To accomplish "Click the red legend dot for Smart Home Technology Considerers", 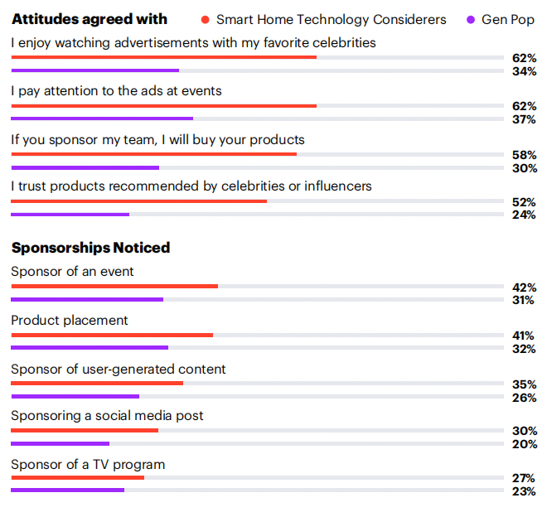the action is click(x=206, y=20).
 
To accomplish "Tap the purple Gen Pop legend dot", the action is click(x=471, y=20).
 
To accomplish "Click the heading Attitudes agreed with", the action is click(x=90, y=19).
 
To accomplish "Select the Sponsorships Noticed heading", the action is click(x=91, y=248).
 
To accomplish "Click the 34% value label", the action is click(x=524, y=71).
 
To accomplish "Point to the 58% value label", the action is click(x=524, y=155).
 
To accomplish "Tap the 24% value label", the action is click(x=524, y=215).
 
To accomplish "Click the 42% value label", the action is click(x=524, y=287).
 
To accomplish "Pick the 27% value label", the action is click(x=524, y=478).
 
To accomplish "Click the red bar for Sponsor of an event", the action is click(x=114, y=287).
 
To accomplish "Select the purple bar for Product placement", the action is click(x=90, y=348).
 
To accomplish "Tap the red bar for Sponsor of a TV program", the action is click(x=77, y=477).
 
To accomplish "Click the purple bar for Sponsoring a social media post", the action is click(x=61, y=444).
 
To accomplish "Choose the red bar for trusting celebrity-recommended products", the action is click(x=138, y=201).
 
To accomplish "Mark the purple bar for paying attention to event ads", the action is click(x=102, y=118).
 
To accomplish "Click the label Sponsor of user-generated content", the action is click(x=119, y=370).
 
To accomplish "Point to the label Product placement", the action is click(x=70, y=321).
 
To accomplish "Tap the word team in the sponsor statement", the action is click(x=140, y=140).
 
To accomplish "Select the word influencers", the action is click(x=338, y=186).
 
